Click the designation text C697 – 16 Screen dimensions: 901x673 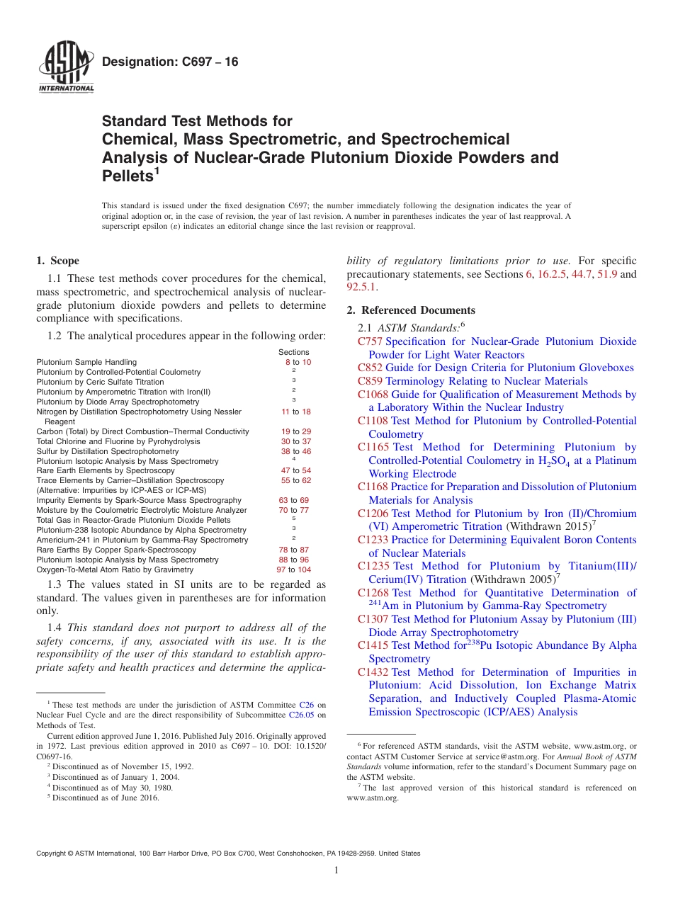pos(170,62)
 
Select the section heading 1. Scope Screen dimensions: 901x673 pos(58,261)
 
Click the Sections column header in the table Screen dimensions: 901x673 pos(293,352)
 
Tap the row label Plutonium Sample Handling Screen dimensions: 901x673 pos(86,362)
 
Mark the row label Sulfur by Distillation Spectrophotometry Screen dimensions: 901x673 pos(108,451)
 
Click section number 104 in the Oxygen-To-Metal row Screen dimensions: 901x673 pos(304,569)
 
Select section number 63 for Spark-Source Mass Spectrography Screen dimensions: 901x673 pos(283,500)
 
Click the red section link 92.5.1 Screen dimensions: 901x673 pos(362,287)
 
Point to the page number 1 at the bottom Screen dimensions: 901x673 pos(336,871)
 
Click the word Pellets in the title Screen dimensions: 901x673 pos(127,175)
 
